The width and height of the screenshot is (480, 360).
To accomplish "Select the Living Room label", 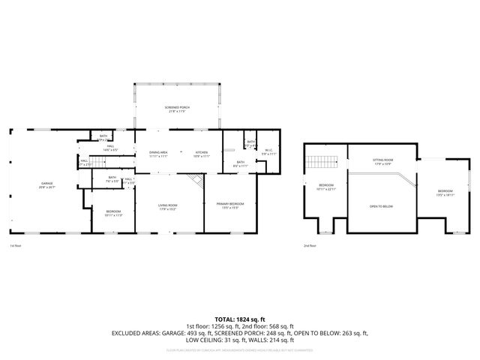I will [166, 206].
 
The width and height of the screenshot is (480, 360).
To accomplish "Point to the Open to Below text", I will [382, 205].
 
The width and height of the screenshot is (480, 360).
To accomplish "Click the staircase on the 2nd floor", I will [322, 160].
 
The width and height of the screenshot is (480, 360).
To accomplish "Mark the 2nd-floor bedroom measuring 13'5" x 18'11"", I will [445, 193].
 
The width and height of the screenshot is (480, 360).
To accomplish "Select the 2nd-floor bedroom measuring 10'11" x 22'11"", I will [326, 187].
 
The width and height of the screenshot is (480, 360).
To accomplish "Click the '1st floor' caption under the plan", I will [15, 246].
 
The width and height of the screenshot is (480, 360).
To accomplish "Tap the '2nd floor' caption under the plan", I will [310, 246].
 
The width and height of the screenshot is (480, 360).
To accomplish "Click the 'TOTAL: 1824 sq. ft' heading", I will [240, 319].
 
